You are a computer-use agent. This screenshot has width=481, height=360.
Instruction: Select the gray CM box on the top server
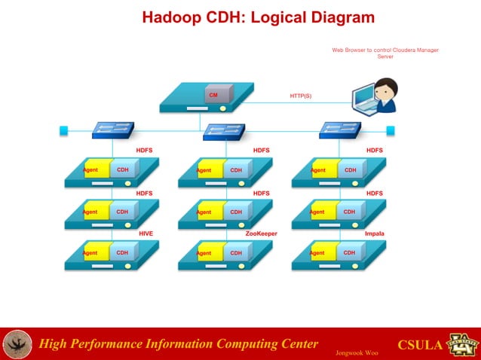214,96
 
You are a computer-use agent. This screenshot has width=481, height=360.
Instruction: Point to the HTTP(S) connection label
301,96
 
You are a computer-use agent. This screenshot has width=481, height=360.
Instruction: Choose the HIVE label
146,234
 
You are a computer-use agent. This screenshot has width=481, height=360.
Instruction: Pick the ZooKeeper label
262,234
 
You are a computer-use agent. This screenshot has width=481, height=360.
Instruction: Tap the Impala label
374,234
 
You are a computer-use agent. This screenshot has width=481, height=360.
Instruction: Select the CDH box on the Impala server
350,253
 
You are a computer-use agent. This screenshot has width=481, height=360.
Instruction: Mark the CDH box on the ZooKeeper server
237,253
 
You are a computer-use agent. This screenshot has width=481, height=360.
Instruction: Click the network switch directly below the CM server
224,132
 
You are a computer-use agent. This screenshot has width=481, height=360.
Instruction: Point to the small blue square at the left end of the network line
63,130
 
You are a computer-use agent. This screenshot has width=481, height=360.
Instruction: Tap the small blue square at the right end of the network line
391,130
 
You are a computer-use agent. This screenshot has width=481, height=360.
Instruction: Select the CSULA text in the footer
419,346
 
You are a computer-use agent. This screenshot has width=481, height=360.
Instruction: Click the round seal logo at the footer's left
17,344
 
